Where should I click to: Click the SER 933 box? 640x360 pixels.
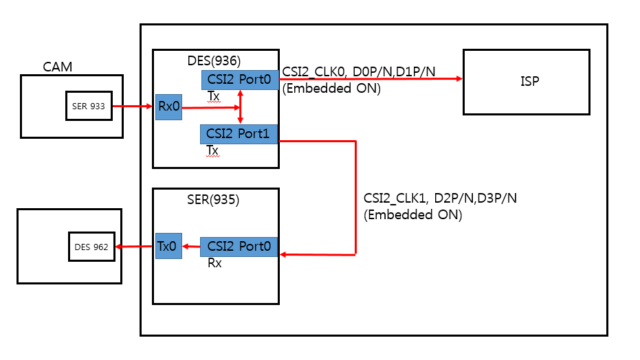tap(89, 106)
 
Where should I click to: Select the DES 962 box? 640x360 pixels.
tap(91, 247)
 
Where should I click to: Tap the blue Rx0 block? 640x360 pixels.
tap(168, 106)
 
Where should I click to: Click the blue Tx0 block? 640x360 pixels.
tap(168, 246)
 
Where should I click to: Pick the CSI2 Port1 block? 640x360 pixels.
tap(239, 134)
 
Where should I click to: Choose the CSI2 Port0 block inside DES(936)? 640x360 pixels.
tap(240, 80)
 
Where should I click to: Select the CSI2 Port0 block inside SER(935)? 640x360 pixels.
tap(239, 247)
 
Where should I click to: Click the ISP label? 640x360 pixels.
tap(530, 82)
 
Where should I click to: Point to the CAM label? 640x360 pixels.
tap(58, 67)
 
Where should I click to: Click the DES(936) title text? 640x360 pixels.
tap(214, 60)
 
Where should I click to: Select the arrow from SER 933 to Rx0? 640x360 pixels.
tap(133, 106)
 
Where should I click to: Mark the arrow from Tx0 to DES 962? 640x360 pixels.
tap(135, 247)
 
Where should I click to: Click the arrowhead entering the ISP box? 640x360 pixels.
tap(458, 79)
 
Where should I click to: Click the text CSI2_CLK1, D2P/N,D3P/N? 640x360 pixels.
tap(440, 198)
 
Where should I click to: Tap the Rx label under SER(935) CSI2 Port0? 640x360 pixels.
tap(214, 262)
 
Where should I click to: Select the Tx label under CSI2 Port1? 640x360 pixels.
tap(213, 149)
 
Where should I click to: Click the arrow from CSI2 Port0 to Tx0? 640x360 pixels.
tap(190, 247)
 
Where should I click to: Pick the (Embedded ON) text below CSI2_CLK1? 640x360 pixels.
tap(412, 214)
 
